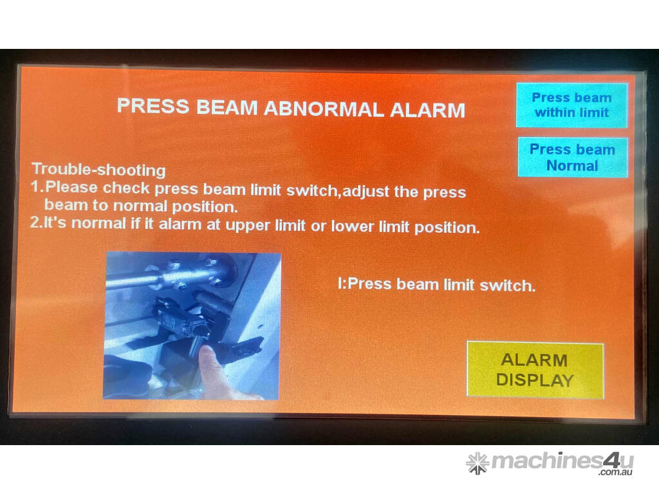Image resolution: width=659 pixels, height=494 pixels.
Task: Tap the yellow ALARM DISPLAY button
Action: click(535, 370)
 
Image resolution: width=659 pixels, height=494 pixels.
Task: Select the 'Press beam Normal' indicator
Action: click(572, 157)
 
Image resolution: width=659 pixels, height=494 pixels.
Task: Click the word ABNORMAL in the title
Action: click(324, 109)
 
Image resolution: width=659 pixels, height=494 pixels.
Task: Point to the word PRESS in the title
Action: click(153, 105)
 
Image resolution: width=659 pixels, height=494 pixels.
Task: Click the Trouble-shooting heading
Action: click(98, 169)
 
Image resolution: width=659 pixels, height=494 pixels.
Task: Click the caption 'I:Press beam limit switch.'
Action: click(437, 285)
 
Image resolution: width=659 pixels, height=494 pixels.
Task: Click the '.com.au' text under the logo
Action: click(616, 472)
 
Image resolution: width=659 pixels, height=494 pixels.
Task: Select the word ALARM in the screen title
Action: click(427, 110)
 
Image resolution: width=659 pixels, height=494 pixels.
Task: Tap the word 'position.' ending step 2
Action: click(447, 228)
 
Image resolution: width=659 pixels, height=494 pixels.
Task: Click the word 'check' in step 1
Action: click(126, 188)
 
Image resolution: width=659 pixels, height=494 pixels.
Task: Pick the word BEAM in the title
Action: click(227, 107)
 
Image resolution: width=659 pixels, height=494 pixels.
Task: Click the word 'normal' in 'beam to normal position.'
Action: click(140, 206)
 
